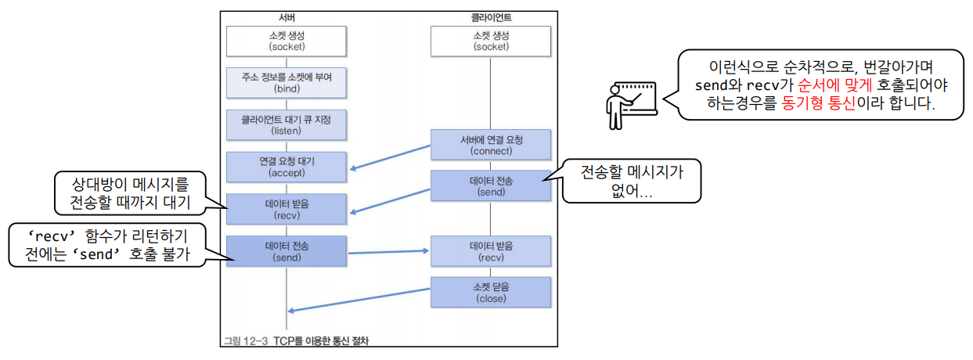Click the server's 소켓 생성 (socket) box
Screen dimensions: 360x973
click(x=286, y=40)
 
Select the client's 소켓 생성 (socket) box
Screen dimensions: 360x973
click(x=491, y=40)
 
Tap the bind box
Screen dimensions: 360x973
click(x=286, y=82)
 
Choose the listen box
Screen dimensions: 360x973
click(x=286, y=124)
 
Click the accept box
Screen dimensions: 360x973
click(x=286, y=166)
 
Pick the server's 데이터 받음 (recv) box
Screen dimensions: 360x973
click(x=286, y=208)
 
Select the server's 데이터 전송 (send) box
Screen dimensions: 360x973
click(x=286, y=250)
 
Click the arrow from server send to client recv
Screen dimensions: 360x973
click(x=388, y=251)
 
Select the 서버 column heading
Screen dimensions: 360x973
click(x=286, y=16)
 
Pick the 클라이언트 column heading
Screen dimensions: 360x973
click(x=491, y=16)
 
